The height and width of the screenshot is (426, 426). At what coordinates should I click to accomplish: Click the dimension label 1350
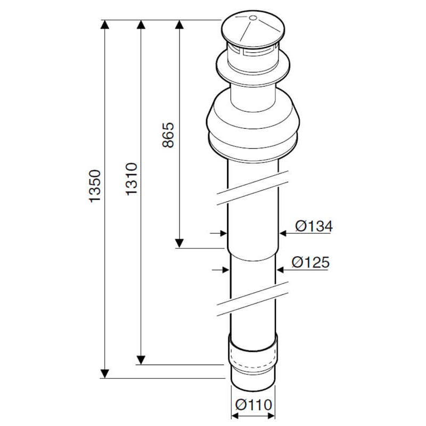(x=95, y=186)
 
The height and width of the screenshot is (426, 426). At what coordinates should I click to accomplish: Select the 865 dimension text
(x=169, y=136)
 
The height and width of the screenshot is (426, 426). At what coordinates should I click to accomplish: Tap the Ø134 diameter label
(x=313, y=227)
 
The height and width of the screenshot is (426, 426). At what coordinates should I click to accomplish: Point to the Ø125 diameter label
(x=310, y=262)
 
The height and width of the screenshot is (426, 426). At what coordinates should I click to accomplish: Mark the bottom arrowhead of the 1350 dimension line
(x=105, y=373)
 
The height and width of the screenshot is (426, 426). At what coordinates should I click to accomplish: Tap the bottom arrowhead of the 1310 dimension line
(x=141, y=360)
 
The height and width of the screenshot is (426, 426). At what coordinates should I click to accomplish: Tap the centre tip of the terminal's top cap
(x=252, y=18)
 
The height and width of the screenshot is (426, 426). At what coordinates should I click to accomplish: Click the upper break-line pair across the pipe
(x=252, y=187)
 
